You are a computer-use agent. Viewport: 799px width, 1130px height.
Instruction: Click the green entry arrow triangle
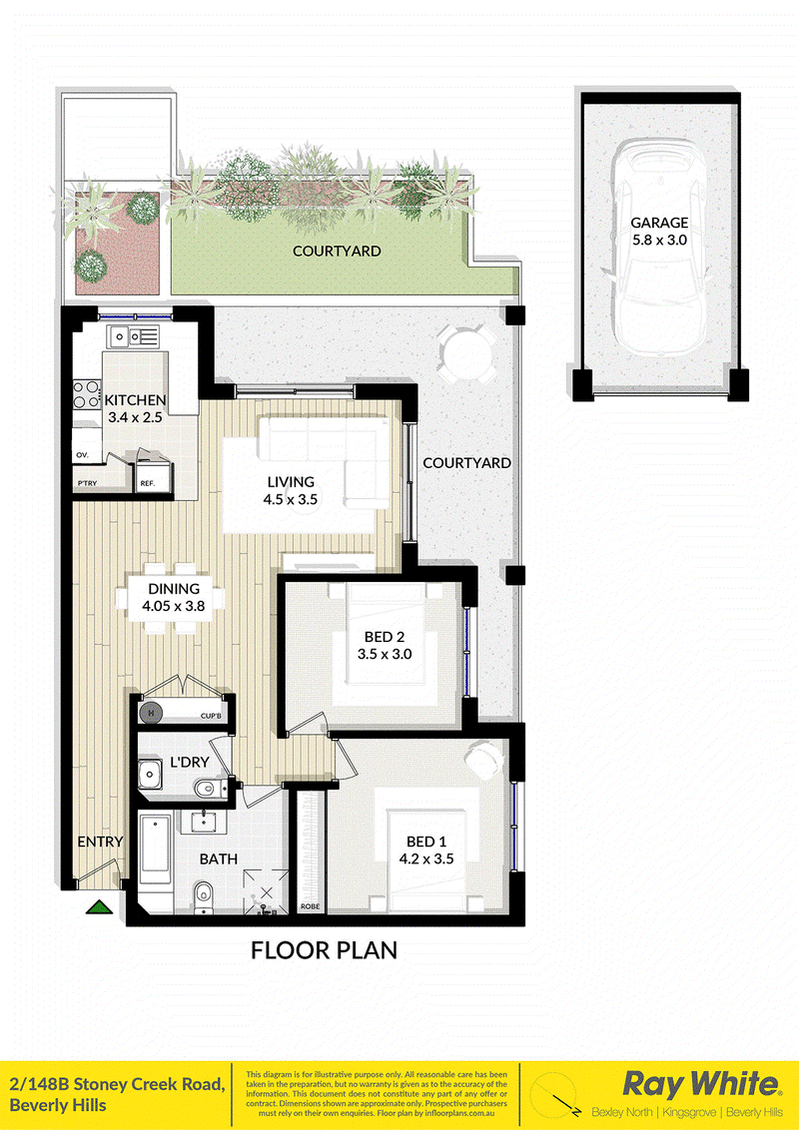click(x=100, y=906)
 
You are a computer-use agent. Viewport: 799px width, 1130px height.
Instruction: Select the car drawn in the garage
click(x=657, y=244)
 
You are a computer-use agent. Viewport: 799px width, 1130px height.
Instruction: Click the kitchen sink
click(x=132, y=335)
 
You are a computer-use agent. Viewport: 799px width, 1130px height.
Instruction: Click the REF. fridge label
click(x=147, y=483)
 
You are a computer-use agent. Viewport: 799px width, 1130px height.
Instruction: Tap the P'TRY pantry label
click(x=87, y=483)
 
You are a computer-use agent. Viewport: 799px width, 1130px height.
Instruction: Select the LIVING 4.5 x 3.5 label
click(x=292, y=489)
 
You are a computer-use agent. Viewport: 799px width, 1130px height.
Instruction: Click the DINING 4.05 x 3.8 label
click(x=174, y=597)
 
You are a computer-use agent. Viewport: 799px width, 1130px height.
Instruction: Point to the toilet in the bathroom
click(x=204, y=896)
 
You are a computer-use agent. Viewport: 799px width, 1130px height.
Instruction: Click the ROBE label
click(x=310, y=906)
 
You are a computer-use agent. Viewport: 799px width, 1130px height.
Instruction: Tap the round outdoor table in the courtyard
click(x=465, y=353)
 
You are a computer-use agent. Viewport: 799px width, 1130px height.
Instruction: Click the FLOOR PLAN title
click(x=324, y=950)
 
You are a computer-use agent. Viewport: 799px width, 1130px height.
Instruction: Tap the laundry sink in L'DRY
click(x=150, y=774)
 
